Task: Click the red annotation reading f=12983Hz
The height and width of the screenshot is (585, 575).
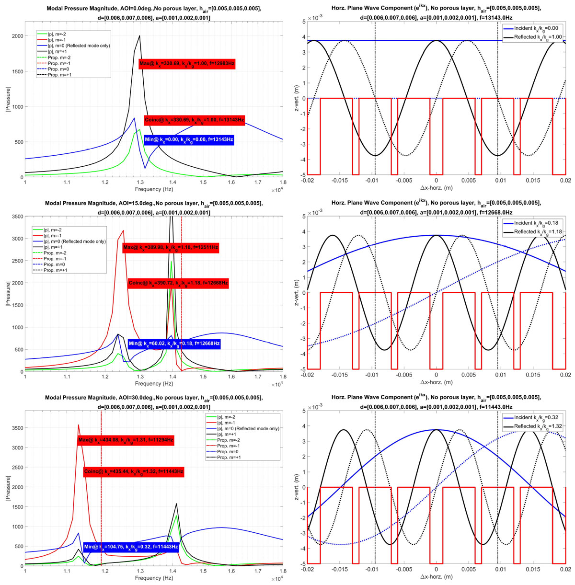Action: (x=187, y=64)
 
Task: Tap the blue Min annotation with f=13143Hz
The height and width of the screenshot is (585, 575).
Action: (x=189, y=140)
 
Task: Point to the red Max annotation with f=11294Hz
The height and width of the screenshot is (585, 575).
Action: (x=126, y=440)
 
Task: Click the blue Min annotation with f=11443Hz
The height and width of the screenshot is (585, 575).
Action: (x=131, y=546)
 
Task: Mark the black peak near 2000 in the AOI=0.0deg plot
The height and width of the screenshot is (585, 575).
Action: (x=139, y=35)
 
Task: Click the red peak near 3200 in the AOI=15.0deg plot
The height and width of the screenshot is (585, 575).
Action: (x=124, y=230)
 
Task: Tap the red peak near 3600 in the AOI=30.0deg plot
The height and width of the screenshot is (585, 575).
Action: (x=78, y=425)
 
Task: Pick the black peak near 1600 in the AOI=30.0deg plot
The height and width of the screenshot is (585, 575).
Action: (x=177, y=503)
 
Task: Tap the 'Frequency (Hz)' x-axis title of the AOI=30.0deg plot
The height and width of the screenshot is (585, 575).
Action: (x=154, y=578)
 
